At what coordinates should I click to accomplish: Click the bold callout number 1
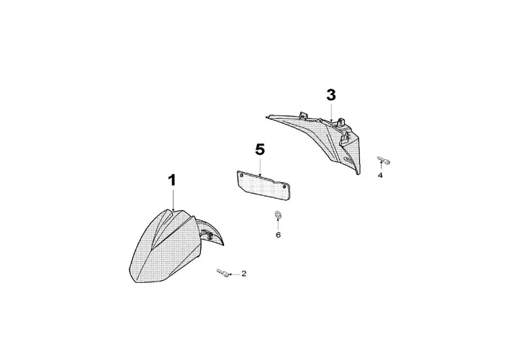(172, 181)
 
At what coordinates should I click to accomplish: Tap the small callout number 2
(243, 274)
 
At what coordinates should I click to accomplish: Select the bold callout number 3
(331, 95)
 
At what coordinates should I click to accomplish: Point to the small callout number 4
(381, 174)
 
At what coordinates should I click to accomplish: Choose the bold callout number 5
(260, 150)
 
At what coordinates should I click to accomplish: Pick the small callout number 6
(278, 235)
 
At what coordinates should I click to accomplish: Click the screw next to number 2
(221, 272)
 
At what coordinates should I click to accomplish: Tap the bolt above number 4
(382, 159)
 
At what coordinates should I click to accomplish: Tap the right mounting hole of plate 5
(287, 189)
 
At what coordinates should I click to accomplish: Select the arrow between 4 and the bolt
(381, 166)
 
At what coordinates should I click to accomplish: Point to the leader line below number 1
(173, 199)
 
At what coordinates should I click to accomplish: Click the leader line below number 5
(260, 166)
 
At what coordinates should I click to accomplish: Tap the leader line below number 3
(331, 112)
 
